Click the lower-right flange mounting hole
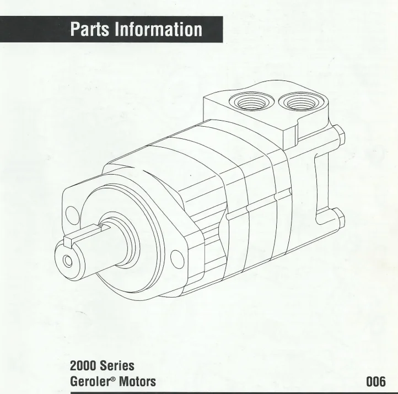pos(176,257)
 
